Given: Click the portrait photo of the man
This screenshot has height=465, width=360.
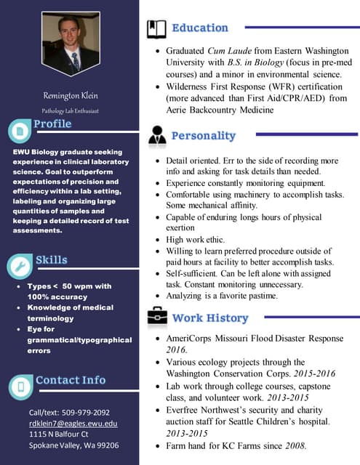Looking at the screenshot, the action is (70, 44).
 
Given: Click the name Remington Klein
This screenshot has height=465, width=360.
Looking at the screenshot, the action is (70, 96).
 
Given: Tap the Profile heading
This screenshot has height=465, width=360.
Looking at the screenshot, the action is (52, 124).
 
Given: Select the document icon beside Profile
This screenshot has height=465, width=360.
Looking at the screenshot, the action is (19, 131).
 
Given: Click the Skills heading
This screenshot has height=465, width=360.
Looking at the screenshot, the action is (52, 260).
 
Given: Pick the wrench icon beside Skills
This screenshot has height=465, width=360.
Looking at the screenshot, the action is (19, 267).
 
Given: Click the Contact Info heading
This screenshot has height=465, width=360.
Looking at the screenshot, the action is (71, 380).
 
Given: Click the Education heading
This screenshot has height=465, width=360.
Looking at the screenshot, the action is (200, 28).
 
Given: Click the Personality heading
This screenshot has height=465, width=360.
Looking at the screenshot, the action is (204, 136).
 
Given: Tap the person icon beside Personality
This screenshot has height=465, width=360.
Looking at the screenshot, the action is (157, 136).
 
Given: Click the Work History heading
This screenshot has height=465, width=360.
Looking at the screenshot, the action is (210, 318).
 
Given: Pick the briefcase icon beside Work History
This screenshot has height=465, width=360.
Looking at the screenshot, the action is (156, 317).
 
